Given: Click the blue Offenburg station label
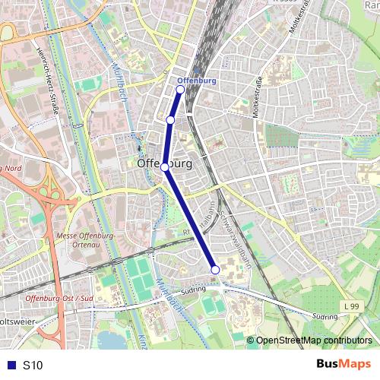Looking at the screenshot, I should point(196,80).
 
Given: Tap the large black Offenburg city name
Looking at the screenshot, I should point(165,163).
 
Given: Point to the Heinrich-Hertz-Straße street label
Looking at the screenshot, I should point(46,83).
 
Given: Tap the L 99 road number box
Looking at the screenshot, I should point(350,306).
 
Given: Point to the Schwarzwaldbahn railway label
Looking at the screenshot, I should point(234,237).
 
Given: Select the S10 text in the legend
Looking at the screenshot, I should point(33,365).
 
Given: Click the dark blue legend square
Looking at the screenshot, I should point(8,365).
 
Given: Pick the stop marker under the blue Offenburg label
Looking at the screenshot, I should point(180,90).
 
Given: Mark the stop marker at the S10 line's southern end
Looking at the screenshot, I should point(215,270).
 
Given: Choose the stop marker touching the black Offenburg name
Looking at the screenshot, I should point(164,166).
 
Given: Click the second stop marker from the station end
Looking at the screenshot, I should point(170,120).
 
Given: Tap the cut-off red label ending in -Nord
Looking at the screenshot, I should point(9,168).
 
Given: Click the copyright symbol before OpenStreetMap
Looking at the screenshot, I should point(252,340).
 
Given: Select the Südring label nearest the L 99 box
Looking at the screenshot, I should point(325,316).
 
